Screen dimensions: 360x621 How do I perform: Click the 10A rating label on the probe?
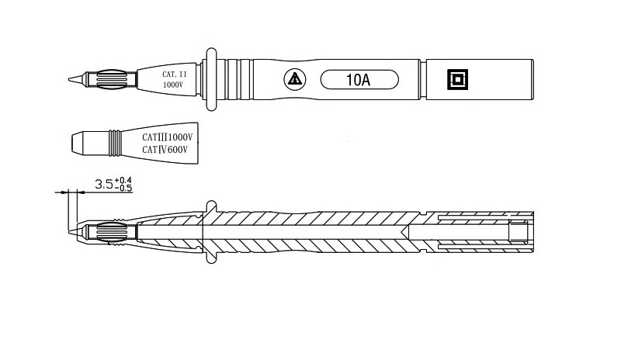(359, 79)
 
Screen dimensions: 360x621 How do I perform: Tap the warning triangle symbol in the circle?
(293, 79)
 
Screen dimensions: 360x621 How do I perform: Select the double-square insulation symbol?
(457, 79)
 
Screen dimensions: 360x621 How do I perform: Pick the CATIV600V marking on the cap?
(165, 150)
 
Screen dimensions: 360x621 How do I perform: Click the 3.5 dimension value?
(103, 185)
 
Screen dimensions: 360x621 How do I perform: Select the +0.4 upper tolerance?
(123, 180)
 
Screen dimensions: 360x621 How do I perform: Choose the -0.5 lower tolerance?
(123, 189)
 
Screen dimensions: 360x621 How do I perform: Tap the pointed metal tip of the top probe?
(71, 78)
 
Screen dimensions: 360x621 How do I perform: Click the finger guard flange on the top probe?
(210, 78)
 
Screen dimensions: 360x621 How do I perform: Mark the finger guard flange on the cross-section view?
(210, 232)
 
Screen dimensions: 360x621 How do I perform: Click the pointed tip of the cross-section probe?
(71, 232)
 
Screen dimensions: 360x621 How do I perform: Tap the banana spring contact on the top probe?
(108, 78)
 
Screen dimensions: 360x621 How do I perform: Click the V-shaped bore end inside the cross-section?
(407, 232)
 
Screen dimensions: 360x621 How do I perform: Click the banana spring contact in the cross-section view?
(108, 232)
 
